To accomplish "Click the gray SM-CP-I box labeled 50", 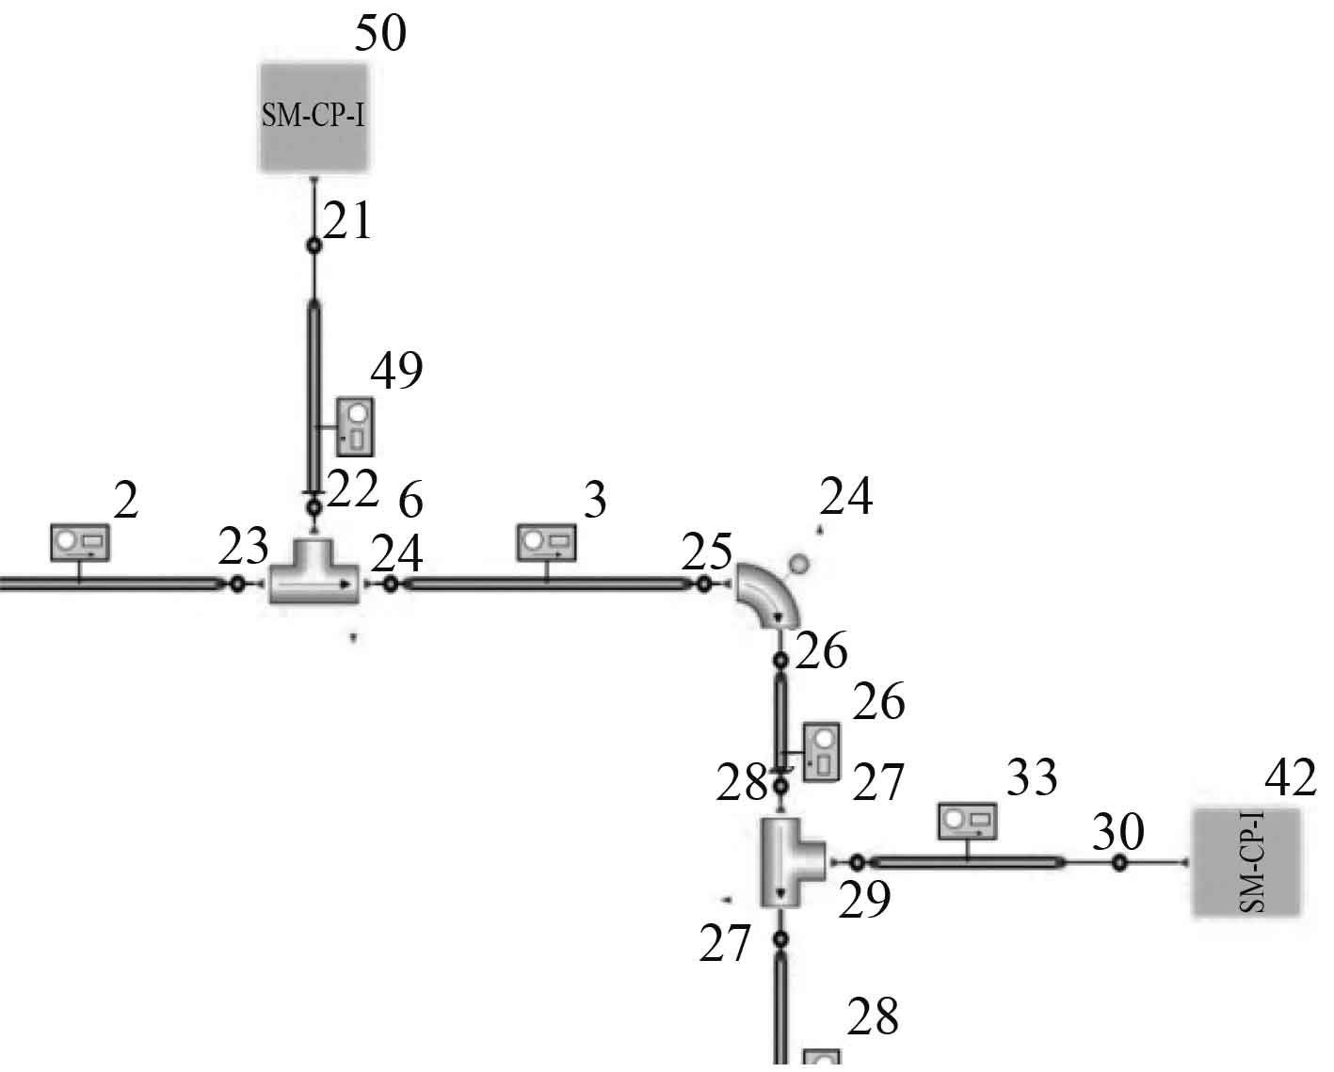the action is click(x=313, y=118).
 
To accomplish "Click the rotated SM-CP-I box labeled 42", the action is click(x=1246, y=861).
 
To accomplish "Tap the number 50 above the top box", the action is click(x=380, y=34).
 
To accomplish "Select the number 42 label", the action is click(x=1289, y=778).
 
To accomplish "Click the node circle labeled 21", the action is click(x=314, y=246).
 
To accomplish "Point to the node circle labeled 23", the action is click(x=237, y=584).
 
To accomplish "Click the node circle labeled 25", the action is click(x=703, y=584).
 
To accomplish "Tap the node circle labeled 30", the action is click(x=1119, y=862).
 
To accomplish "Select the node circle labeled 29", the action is click(x=857, y=862).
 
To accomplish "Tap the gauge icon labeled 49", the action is click(x=356, y=426).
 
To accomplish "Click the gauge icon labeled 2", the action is click(x=80, y=542).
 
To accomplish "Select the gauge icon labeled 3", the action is click(x=547, y=542).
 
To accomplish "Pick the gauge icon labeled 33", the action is click(x=967, y=821).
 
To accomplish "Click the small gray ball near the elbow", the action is click(x=798, y=564).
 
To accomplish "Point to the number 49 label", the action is click(x=396, y=371).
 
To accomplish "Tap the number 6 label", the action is click(x=410, y=503).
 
